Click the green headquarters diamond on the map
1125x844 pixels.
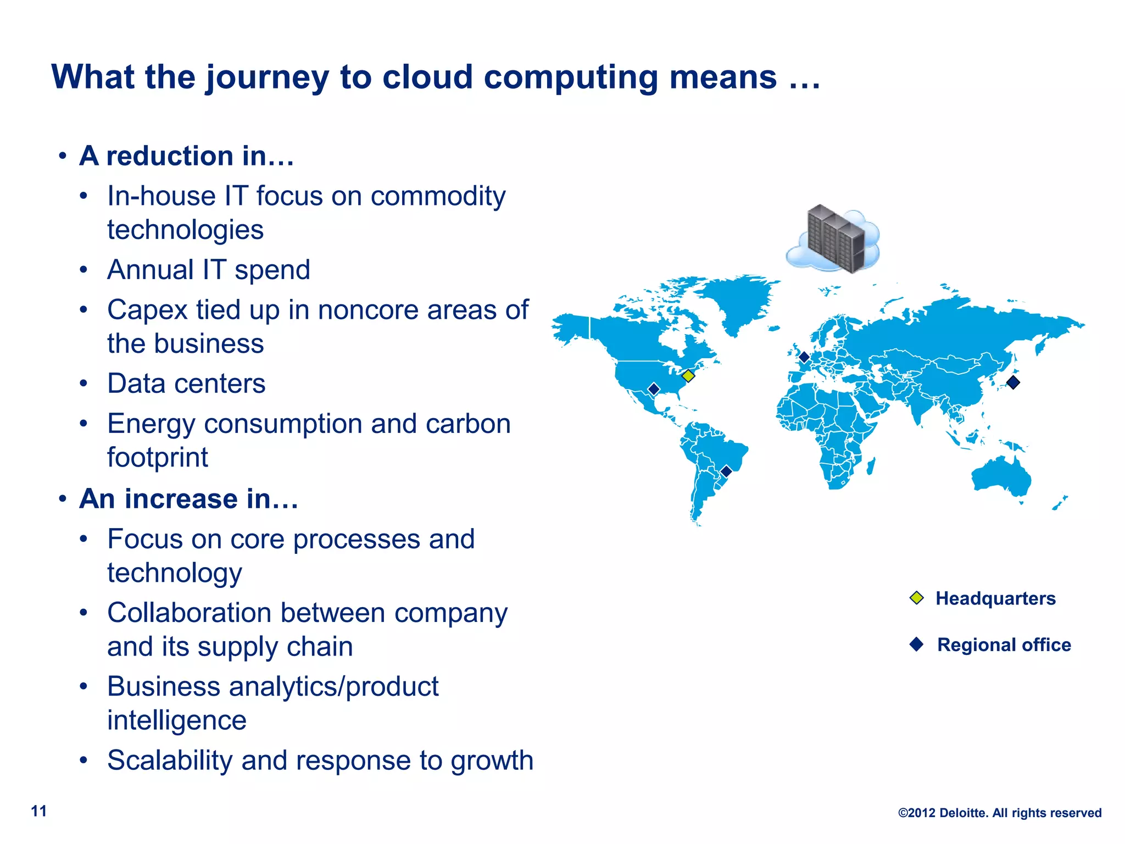[x=688, y=376]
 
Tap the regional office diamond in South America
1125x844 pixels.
[x=726, y=471]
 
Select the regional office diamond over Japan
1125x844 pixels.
[x=1013, y=382]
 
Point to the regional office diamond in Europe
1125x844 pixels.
[x=804, y=357]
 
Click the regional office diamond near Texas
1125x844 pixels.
[x=654, y=389]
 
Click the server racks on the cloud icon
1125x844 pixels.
[x=835, y=239]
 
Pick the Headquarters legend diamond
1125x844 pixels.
[x=916, y=597]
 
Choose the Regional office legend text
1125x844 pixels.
[x=1004, y=645]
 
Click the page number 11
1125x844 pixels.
[x=38, y=811]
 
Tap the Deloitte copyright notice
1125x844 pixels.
[x=999, y=813]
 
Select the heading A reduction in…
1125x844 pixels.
[x=186, y=156]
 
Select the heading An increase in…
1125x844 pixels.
[x=188, y=499]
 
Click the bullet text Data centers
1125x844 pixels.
[x=186, y=384]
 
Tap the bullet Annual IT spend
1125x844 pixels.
[x=208, y=270]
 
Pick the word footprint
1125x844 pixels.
[x=157, y=457]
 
